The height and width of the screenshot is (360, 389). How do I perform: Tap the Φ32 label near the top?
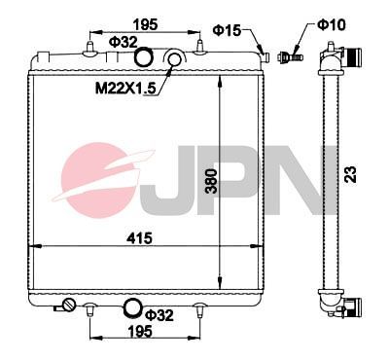tap(122, 42)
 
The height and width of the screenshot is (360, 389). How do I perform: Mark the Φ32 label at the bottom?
tap(158, 314)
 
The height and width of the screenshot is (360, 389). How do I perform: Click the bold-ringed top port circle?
tap(144, 59)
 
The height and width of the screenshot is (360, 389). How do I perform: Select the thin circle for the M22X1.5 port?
tap(176, 62)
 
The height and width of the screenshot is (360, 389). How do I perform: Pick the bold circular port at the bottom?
tap(131, 309)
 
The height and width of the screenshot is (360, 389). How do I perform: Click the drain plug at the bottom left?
tap(68, 307)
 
